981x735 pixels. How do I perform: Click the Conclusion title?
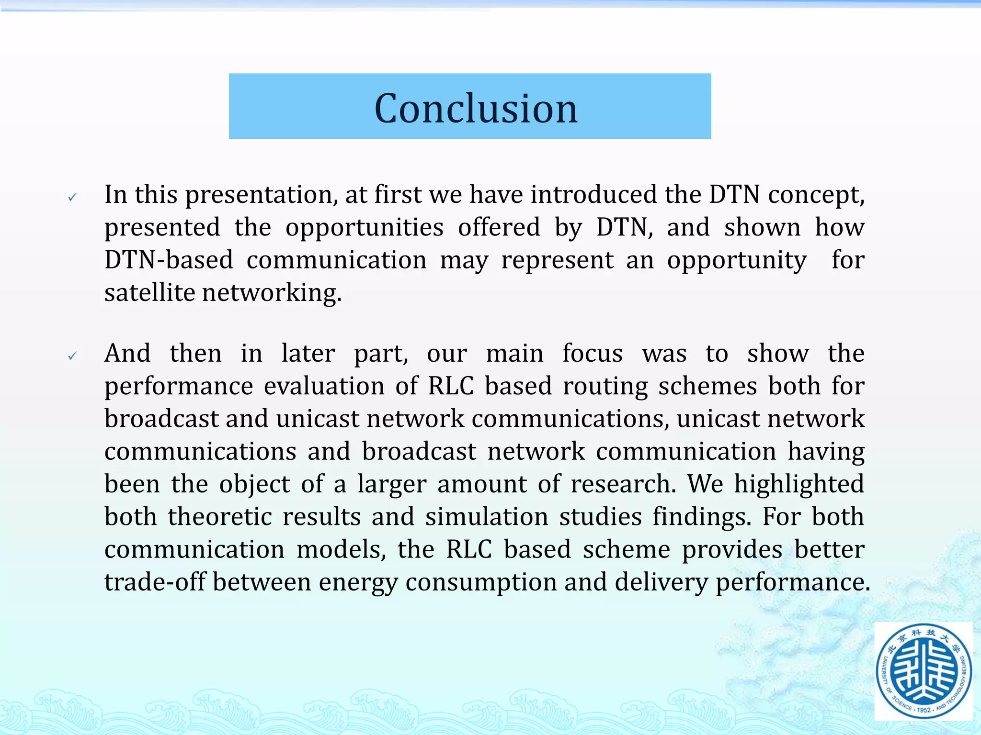point(476,108)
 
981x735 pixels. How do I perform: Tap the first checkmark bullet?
point(72,197)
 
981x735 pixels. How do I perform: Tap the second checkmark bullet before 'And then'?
point(72,356)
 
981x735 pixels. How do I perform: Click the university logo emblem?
point(924,671)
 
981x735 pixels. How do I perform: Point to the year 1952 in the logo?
point(923,710)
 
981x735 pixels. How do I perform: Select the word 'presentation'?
point(262,195)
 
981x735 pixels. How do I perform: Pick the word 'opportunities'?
point(365,228)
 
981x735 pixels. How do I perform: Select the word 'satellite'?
point(149,292)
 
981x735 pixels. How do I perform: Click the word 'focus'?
point(593,353)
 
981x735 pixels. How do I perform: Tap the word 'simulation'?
point(487,517)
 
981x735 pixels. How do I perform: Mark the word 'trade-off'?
point(155,582)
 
